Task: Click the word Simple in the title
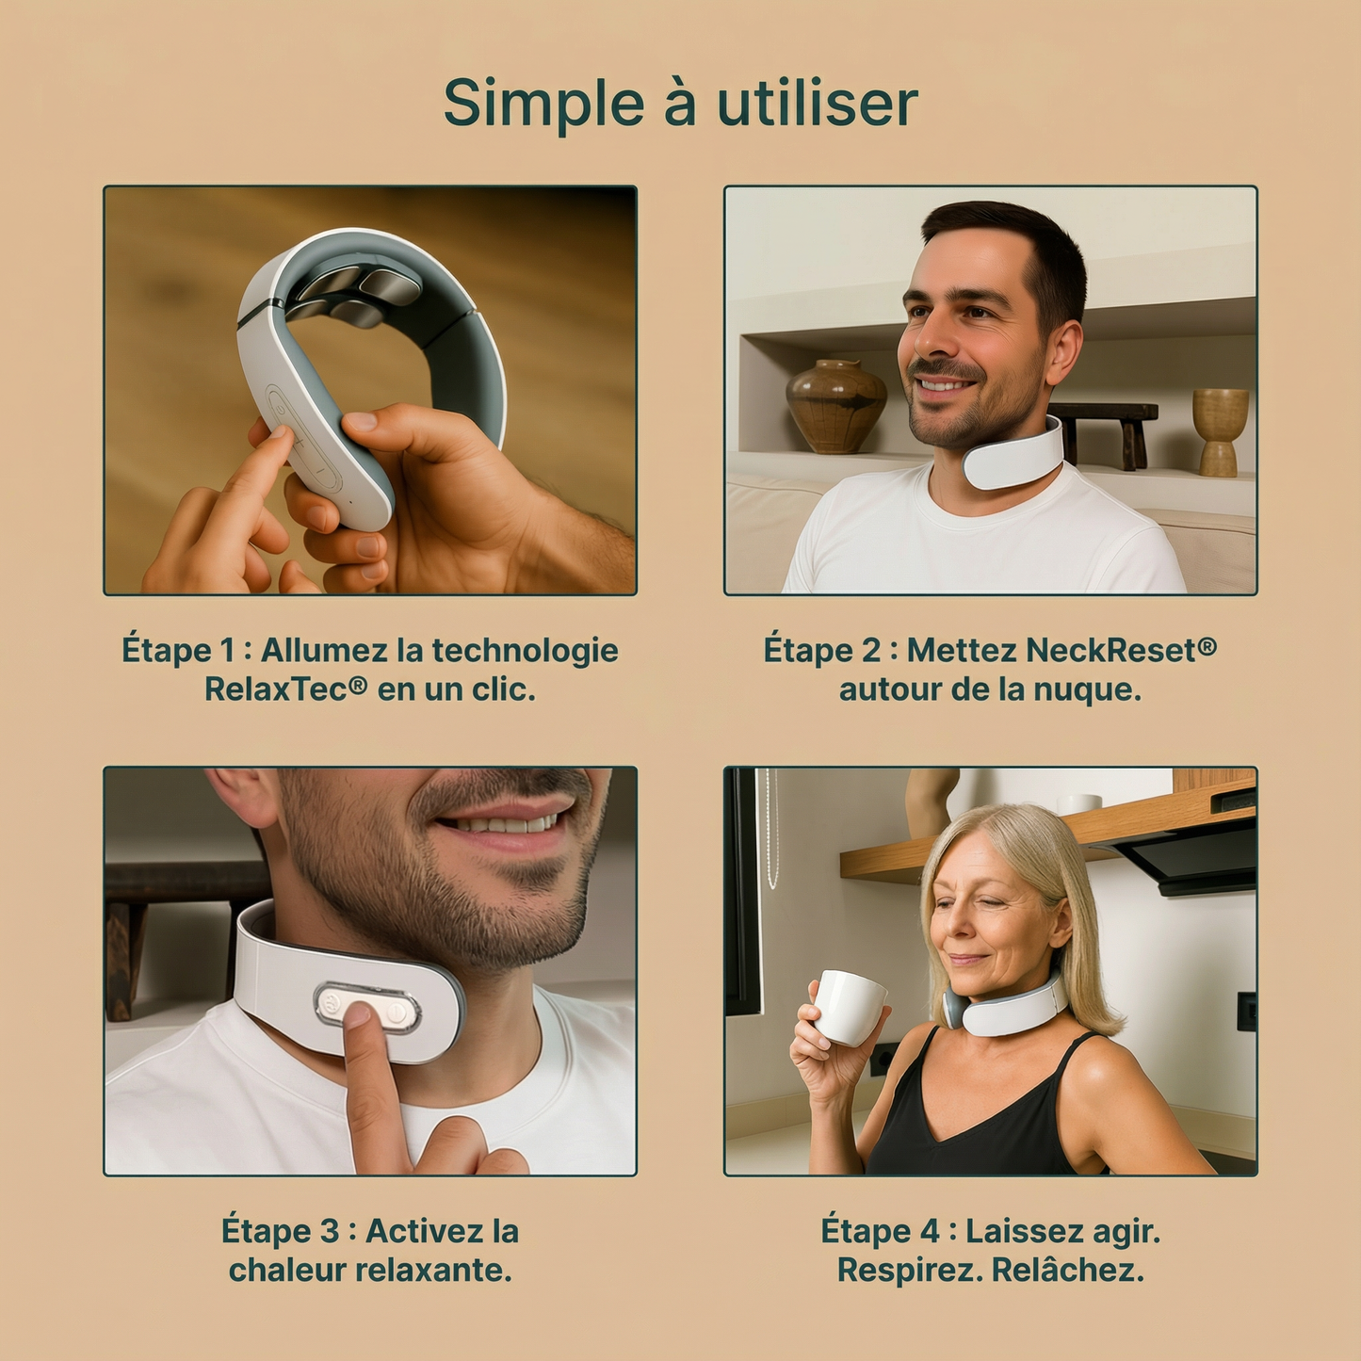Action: click(x=543, y=104)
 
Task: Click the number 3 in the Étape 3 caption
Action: click(x=329, y=1231)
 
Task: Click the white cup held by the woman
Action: click(x=848, y=1007)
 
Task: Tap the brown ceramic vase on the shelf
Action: click(x=836, y=406)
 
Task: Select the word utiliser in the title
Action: click(x=817, y=104)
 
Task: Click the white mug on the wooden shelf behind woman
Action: click(x=1078, y=803)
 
